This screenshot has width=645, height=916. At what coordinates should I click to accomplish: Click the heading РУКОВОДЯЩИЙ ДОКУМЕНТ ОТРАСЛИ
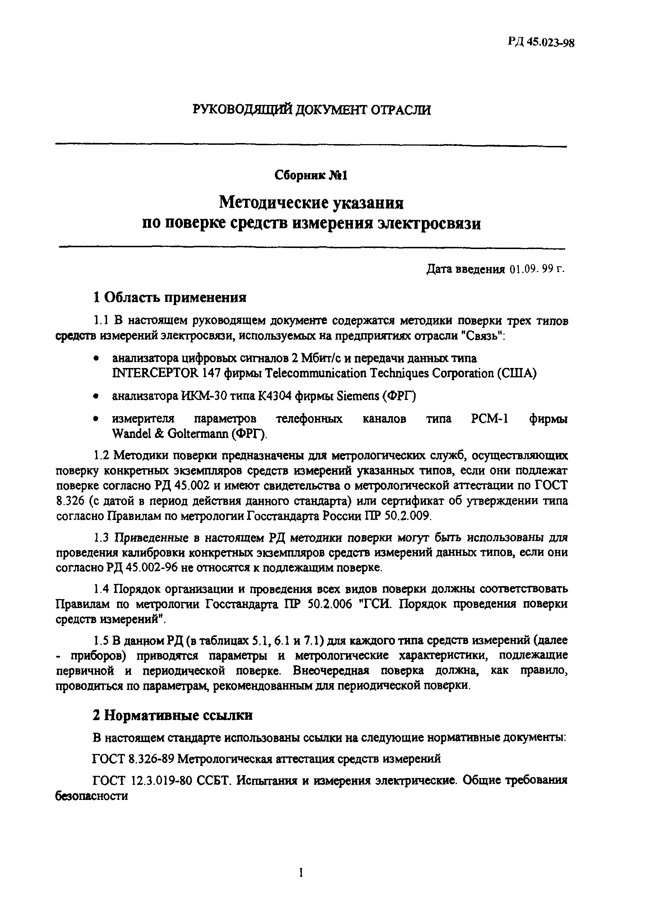(312, 110)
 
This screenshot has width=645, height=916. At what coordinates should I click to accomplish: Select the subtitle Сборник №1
(311, 175)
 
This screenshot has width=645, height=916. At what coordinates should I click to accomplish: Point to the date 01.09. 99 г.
(537, 269)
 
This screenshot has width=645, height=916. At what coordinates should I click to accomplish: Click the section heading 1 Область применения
(170, 297)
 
